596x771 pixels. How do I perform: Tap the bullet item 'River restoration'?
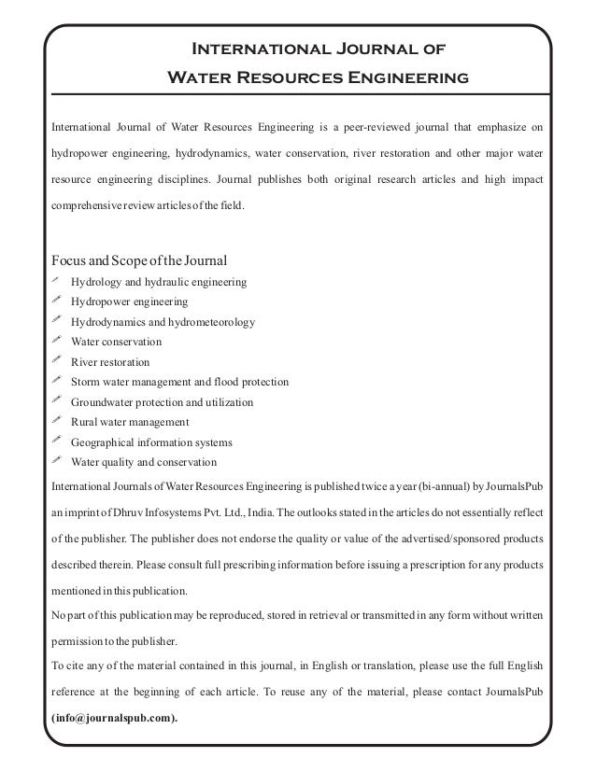[117, 362]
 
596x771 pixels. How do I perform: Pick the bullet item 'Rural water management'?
[136, 422]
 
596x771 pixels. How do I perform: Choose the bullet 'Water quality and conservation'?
[150, 463]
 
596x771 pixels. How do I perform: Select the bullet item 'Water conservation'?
[122, 342]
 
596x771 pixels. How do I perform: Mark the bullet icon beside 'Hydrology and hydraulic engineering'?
[57, 280]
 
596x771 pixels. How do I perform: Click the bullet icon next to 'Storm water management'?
[57, 381]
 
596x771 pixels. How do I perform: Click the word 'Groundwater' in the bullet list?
[117, 402]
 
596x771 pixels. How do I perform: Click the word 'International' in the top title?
[251, 48]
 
